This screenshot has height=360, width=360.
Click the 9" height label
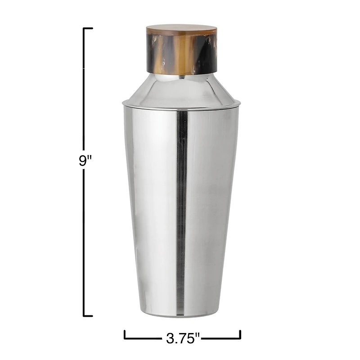tap(85, 161)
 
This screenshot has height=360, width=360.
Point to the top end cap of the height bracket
tap(88, 28)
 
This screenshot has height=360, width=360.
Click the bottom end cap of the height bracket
tap(88, 316)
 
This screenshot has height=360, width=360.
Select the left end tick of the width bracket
tap(125, 334)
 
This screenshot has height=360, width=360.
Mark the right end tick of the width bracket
tap(240, 334)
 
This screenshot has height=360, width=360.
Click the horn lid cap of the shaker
tap(181, 50)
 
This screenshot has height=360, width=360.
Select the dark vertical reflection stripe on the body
tap(182, 202)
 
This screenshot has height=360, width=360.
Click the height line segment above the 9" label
tap(84, 90)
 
